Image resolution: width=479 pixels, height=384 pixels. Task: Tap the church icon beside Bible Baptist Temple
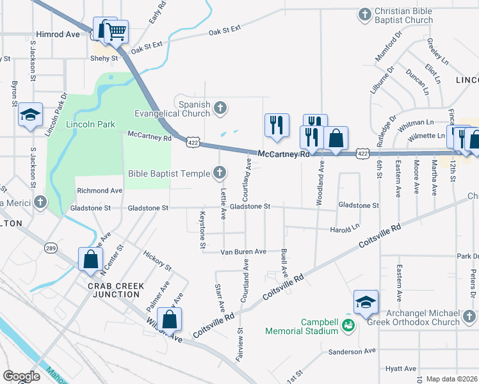(x=219, y=173)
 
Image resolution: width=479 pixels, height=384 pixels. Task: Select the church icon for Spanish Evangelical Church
(x=220, y=108)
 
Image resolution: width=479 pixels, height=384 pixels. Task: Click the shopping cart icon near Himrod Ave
(x=116, y=31)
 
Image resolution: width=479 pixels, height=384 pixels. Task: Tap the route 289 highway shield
(x=51, y=247)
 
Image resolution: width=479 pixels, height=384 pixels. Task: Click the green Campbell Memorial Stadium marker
(x=348, y=326)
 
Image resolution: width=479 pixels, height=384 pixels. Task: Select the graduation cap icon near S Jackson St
(x=30, y=115)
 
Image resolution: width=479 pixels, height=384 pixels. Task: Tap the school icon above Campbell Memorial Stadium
(x=365, y=302)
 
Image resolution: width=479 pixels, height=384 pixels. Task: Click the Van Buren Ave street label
(x=244, y=252)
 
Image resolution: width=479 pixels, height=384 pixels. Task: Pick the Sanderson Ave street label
(x=352, y=351)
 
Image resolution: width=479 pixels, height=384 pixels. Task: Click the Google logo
(x=21, y=376)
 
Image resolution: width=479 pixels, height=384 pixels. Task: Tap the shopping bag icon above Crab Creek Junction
(x=90, y=259)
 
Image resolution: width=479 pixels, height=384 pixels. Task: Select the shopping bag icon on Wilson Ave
(x=168, y=319)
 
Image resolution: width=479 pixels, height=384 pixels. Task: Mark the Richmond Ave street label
(x=99, y=191)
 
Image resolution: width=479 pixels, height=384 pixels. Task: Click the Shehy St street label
(x=106, y=58)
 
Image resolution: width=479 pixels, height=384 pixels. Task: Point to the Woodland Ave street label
(x=320, y=183)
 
